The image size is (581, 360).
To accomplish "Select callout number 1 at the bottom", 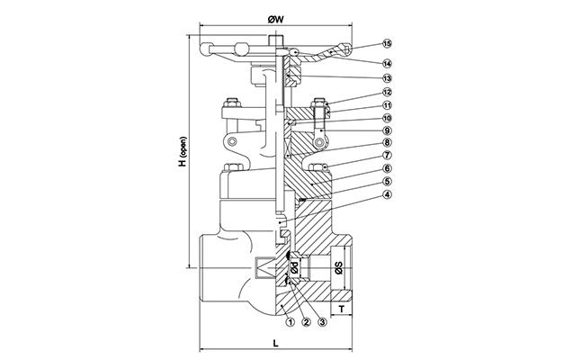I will tap(288, 319).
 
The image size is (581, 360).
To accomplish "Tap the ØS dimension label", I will tap(338, 268).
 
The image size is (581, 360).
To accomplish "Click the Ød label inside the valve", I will tap(294, 268).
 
